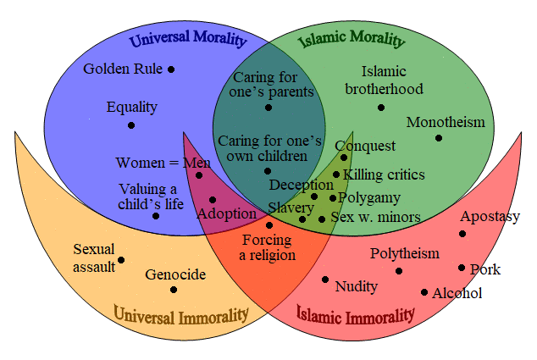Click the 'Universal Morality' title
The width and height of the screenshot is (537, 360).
click(188, 38)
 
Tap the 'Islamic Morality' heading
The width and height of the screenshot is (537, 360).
click(352, 39)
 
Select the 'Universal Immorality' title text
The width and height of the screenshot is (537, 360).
click(180, 315)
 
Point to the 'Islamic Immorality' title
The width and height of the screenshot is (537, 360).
click(355, 314)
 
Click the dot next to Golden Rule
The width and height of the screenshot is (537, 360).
click(171, 69)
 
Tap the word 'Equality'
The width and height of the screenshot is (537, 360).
click(131, 108)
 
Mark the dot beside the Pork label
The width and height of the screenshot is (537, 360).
click(462, 268)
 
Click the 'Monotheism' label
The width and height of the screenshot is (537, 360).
click(446, 122)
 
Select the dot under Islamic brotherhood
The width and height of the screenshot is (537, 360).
click(381, 108)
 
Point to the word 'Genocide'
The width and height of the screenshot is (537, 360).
click(175, 274)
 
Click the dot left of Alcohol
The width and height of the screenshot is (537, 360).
click(424, 292)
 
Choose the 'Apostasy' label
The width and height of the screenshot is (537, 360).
click(490, 217)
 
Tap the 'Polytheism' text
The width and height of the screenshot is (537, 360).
click(405, 254)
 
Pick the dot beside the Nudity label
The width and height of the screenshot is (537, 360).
click(325, 280)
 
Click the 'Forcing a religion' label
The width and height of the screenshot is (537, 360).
click(267, 247)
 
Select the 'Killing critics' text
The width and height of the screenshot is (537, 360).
click(384, 174)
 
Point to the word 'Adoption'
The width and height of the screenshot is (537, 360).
click(227, 213)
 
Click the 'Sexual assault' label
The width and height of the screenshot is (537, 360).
click(94, 258)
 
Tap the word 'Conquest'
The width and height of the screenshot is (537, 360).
click(365, 147)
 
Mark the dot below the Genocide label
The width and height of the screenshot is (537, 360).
click(174, 290)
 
